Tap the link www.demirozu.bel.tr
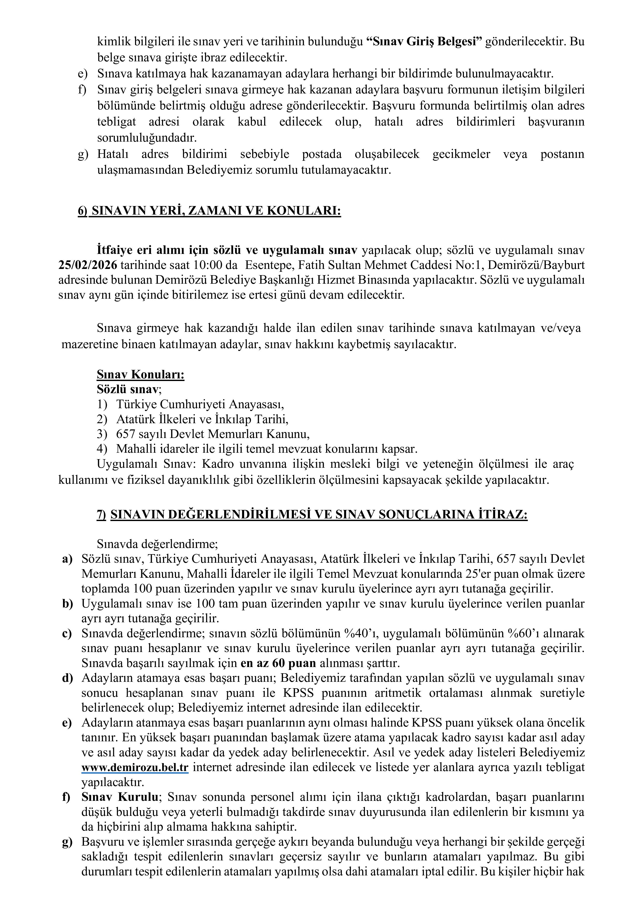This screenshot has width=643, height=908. click(x=135, y=768)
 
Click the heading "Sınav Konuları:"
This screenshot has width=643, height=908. click(x=140, y=375)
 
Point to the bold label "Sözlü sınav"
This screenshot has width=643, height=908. click(x=128, y=390)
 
